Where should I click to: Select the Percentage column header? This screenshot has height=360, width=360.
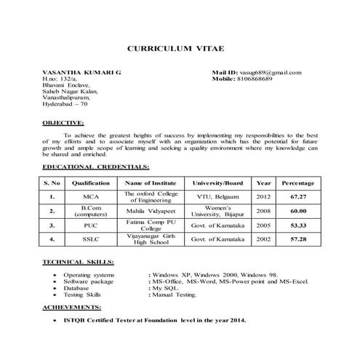[x=297, y=183]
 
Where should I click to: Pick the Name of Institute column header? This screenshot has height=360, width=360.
[x=151, y=183]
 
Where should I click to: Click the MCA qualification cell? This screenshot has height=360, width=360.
[x=91, y=196]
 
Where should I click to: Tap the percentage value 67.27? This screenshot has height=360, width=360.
[x=297, y=196]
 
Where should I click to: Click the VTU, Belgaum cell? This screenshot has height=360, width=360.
[x=217, y=196]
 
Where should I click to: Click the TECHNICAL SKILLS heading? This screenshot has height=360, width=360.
[x=78, y=260]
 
